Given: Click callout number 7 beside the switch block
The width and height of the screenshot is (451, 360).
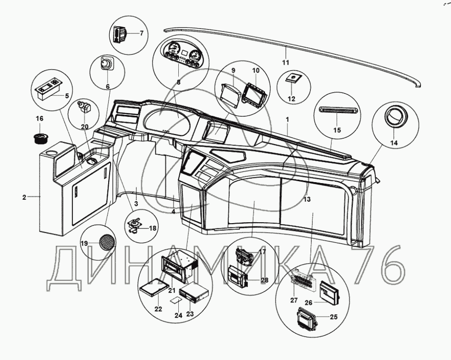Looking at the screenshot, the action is coord(141,33).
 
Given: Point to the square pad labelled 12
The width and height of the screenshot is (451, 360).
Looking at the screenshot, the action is coord(294,78).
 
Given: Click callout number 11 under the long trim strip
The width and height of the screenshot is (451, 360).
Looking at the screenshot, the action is coord(286,63).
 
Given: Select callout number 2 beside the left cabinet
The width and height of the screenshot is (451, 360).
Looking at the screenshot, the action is coord(24,197).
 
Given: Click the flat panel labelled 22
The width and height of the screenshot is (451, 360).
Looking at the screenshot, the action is coord(154,288).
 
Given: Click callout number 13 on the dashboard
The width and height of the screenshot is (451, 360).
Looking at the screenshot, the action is coord(307,199).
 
